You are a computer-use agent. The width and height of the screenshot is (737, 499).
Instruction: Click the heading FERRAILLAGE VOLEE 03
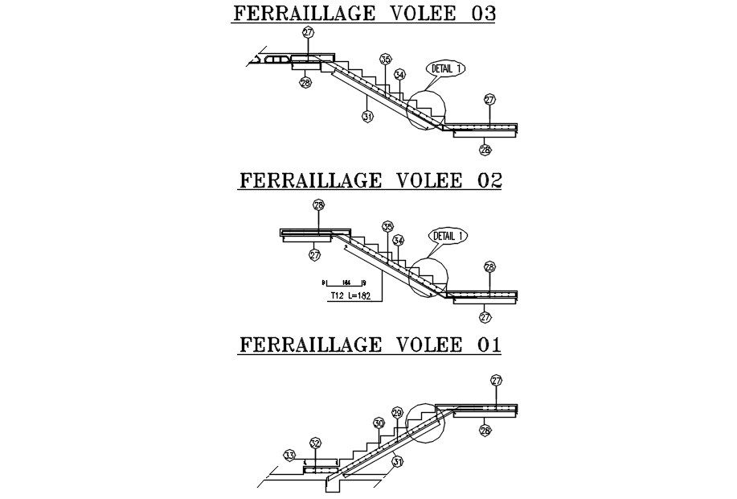point(364,14)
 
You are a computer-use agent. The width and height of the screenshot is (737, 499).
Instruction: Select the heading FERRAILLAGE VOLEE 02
point(370,180)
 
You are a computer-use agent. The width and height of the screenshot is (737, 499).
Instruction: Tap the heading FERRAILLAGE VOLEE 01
point(370,344)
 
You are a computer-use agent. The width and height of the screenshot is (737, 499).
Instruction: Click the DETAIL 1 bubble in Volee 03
point(447,68)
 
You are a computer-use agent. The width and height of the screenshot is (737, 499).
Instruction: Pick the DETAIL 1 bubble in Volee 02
point(448,236)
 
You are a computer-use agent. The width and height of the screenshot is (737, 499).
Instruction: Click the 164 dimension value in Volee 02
point(346,282)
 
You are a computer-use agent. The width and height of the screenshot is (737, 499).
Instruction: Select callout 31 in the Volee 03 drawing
point(367,117)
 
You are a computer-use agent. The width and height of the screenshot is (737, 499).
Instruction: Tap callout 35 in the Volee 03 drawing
point(386,60)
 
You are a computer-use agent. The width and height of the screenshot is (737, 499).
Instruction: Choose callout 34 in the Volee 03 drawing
point(399,74)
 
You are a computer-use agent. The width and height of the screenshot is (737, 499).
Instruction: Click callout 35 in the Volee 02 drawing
point(388,227)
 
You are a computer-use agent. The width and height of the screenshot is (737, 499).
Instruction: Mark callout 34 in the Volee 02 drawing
point(399,240)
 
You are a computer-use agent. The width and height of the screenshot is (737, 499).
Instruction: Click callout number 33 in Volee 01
point(290,456)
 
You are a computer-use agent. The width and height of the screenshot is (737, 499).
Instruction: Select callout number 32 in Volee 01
point(315,443)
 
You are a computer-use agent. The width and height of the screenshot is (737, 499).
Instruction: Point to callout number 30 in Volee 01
point(379,423)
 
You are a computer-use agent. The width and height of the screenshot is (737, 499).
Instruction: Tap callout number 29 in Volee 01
point(397,412)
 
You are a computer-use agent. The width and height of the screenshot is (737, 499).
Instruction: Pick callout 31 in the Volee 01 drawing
point(398,461)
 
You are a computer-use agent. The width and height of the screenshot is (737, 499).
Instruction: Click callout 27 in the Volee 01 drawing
point(496,380)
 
